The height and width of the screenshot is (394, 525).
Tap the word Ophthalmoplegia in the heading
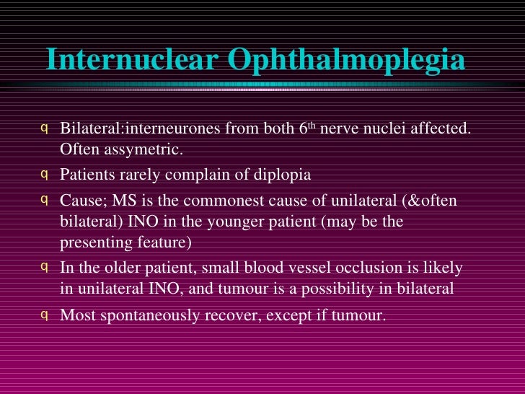347,61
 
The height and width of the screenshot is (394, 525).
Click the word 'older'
125,267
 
